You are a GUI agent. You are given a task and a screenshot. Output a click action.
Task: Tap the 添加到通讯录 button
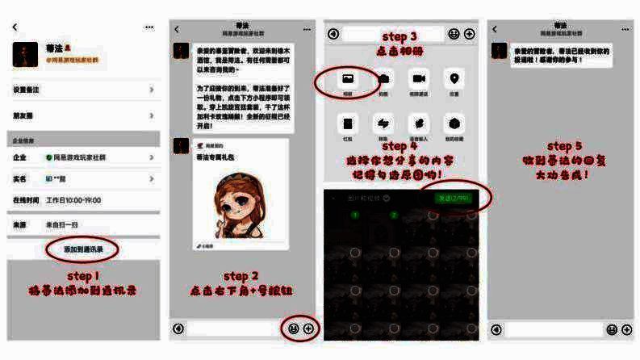click(83, 250)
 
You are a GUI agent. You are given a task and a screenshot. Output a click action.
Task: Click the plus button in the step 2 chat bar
click(308, 329)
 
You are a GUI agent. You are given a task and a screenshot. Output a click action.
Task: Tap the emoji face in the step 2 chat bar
click(293, 329)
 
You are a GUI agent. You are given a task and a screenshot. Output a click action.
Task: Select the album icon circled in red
click(348, 80)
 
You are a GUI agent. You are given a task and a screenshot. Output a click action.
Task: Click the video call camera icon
click(419, 80)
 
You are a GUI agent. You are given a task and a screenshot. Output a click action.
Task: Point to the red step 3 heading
click(399, 37)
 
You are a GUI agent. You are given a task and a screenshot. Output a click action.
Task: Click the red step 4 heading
click(399, 146)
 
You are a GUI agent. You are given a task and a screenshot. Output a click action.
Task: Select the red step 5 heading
click(563, 146)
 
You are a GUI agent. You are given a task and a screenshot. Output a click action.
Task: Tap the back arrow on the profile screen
click(15, 27)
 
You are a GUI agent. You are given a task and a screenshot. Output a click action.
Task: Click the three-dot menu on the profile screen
click(149, 27)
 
